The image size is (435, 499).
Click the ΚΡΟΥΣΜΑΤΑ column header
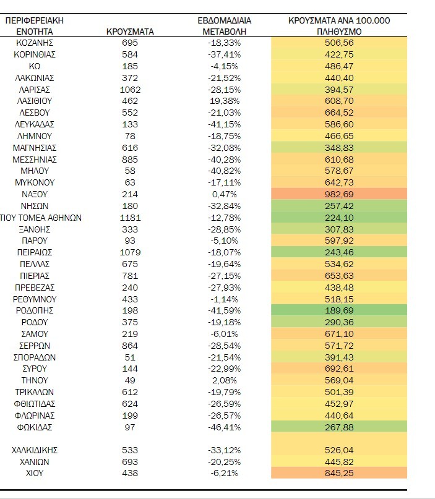(130, 31)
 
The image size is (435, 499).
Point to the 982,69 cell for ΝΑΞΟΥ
(339, 194)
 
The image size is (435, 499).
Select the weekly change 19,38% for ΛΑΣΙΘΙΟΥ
(225, 101)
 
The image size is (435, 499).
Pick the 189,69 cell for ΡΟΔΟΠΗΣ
(339, 310)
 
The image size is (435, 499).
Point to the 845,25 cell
(339, 473)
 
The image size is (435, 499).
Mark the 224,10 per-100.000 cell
(339, 218)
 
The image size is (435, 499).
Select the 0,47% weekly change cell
(225, 194)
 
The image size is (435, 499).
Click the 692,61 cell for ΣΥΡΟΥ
(339, 369)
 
